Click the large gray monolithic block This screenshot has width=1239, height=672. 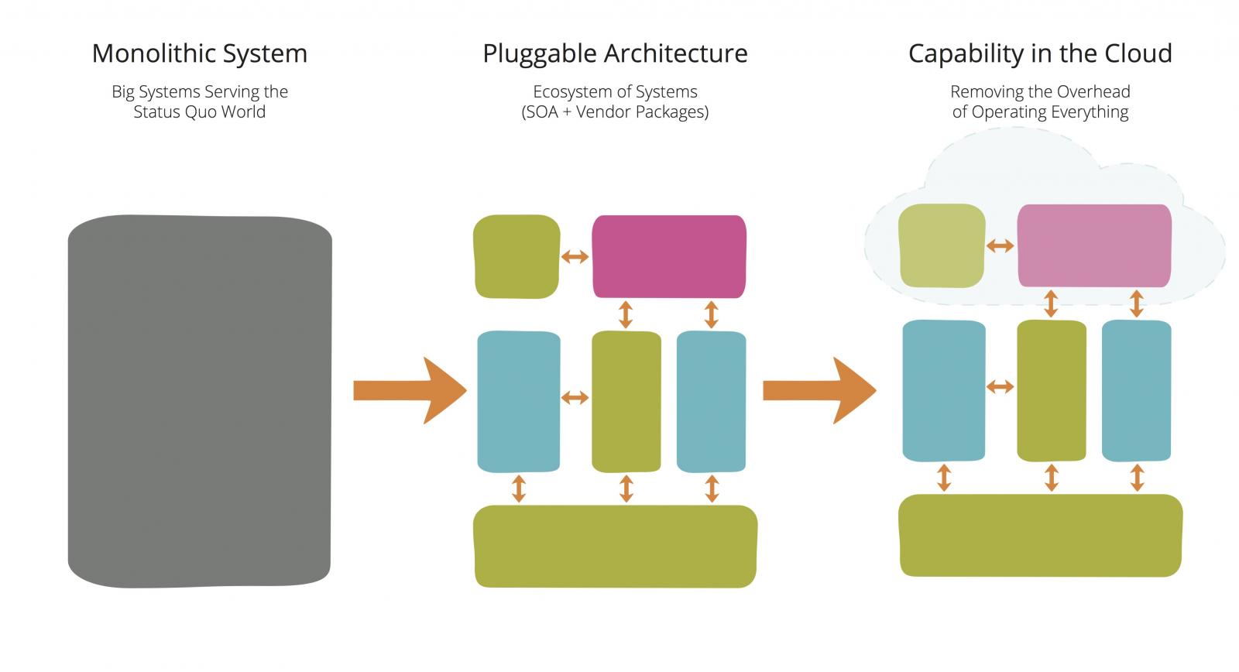[200, 401]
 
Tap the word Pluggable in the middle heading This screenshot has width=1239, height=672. [540, 53]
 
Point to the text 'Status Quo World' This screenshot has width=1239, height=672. [200, 111]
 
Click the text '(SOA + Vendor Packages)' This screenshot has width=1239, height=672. [615, 111]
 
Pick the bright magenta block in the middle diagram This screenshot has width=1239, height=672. [669, 256]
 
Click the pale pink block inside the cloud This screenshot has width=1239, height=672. [1093, 245]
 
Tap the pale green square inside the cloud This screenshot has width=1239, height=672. [942, 245]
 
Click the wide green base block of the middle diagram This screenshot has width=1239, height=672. [615, 547]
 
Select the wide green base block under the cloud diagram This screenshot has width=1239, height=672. [1040, 535]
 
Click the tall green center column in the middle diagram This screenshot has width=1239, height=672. [626, 401]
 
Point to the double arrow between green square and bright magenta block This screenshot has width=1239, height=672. [575, 256]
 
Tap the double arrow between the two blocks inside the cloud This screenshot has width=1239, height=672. [1000, 246]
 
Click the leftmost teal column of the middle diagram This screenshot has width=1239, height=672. [518, 401]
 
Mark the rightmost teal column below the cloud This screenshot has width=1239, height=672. [1136, 390]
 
